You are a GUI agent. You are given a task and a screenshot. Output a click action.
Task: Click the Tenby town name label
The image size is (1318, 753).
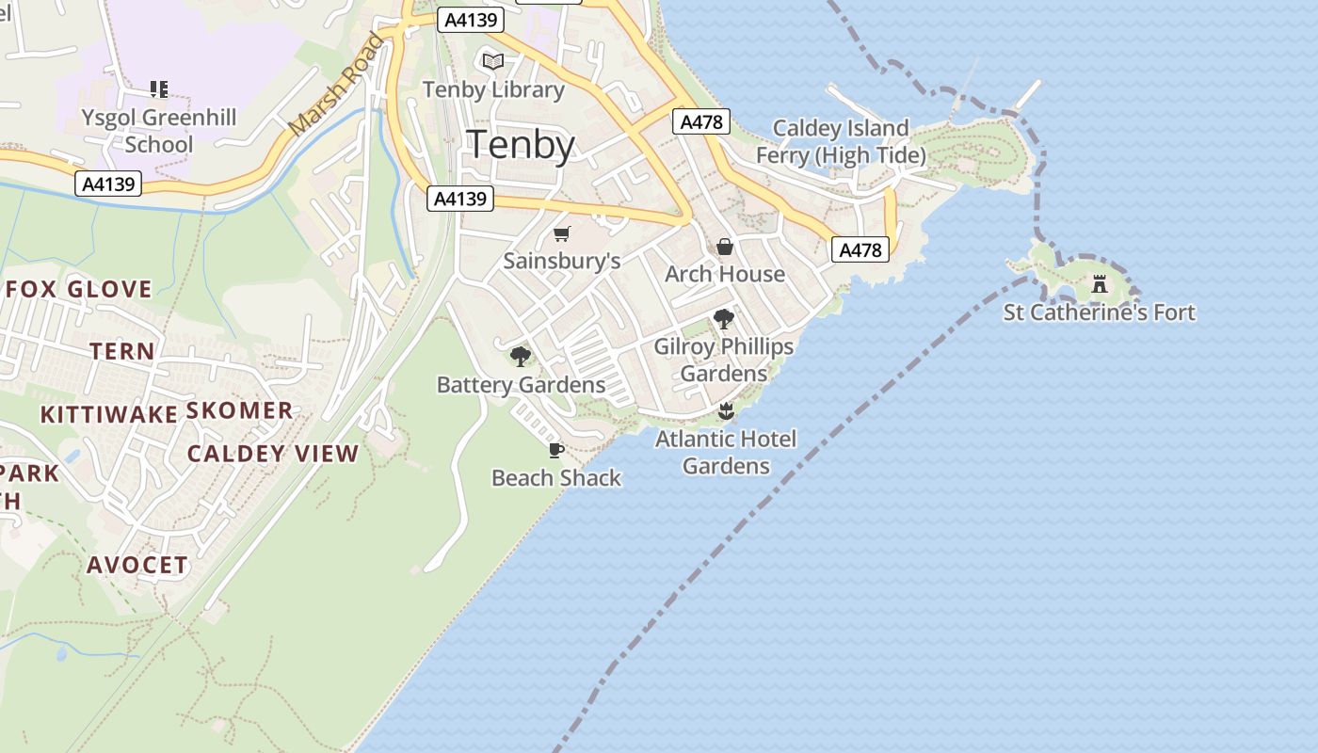pyautogui.click(x=521, y=145)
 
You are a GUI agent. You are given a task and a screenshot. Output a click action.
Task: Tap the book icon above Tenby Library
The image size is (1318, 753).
pyautogui.click(x=492, y=61)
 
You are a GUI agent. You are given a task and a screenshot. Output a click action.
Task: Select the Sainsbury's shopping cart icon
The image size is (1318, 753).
pyautogui.click(x=562, y=233)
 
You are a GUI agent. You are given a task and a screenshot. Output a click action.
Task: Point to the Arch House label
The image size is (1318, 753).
pyautogui.click(x=724, y=274)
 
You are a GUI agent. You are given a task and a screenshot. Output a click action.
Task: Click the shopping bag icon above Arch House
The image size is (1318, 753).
pyautogui.click(x=724, y=247)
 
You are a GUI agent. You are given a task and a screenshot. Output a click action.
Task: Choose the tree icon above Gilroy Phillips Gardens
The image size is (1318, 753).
pyautogui.click(x=723, y=319)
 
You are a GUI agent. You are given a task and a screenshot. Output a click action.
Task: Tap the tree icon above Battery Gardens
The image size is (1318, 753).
pyautogui.click(x=520, y=356)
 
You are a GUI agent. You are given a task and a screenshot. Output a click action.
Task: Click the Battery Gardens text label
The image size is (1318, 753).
pyautogui.click(x=521, y=385)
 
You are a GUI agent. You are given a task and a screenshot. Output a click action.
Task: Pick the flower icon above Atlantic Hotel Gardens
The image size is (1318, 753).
pyautogui.click(x=725, y=411)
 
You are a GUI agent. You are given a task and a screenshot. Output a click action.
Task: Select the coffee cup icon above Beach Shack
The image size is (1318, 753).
pyautogui.click(x=556, y=450)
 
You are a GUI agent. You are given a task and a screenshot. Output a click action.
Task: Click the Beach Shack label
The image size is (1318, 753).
pyautogui.click(x=556, y=478)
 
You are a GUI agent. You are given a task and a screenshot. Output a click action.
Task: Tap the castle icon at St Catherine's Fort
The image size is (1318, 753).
pyautogui.click(x=1099, y=283)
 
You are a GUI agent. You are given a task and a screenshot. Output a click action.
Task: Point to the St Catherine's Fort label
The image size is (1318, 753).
pyautogui.click(x=1099, y=312)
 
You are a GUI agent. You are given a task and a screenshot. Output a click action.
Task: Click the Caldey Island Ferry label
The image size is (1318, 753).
pyautogui.click(x=841, y=141)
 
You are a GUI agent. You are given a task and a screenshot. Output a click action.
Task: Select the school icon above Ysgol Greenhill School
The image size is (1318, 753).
pyautogui.click(x=159, y=89)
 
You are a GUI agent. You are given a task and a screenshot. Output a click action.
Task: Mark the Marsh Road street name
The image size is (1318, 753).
pyautogui.click(x=337, y=85)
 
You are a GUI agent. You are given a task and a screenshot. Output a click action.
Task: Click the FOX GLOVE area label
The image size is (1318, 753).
pyautogui.click(x=79, y=289)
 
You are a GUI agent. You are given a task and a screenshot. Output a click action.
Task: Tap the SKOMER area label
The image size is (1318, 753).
pyautogui.click(x=239, y=410)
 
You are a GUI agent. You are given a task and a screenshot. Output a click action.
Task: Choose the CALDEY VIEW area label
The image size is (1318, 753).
pyautogui.click(x=273, y=454)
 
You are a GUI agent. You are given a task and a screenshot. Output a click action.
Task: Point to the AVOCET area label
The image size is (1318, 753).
pyautogui.click(x=137, y=565)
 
